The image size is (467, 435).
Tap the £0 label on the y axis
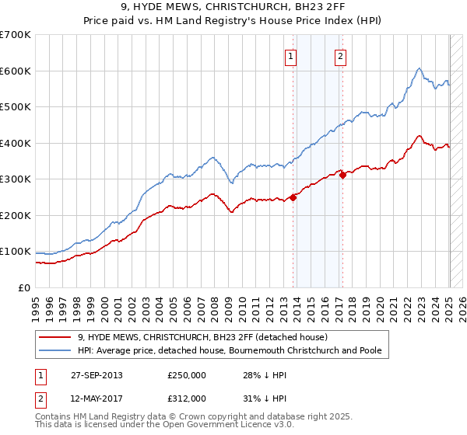(25, 287)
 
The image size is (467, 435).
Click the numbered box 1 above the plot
(290, 55)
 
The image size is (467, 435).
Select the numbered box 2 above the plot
(341, 55)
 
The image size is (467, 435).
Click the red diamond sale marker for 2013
(293, 197)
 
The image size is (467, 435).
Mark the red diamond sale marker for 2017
(342, 175)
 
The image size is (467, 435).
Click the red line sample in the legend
(55, 338)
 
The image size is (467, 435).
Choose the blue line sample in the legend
(55, 351)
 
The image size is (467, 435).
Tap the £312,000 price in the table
(187, 398)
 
